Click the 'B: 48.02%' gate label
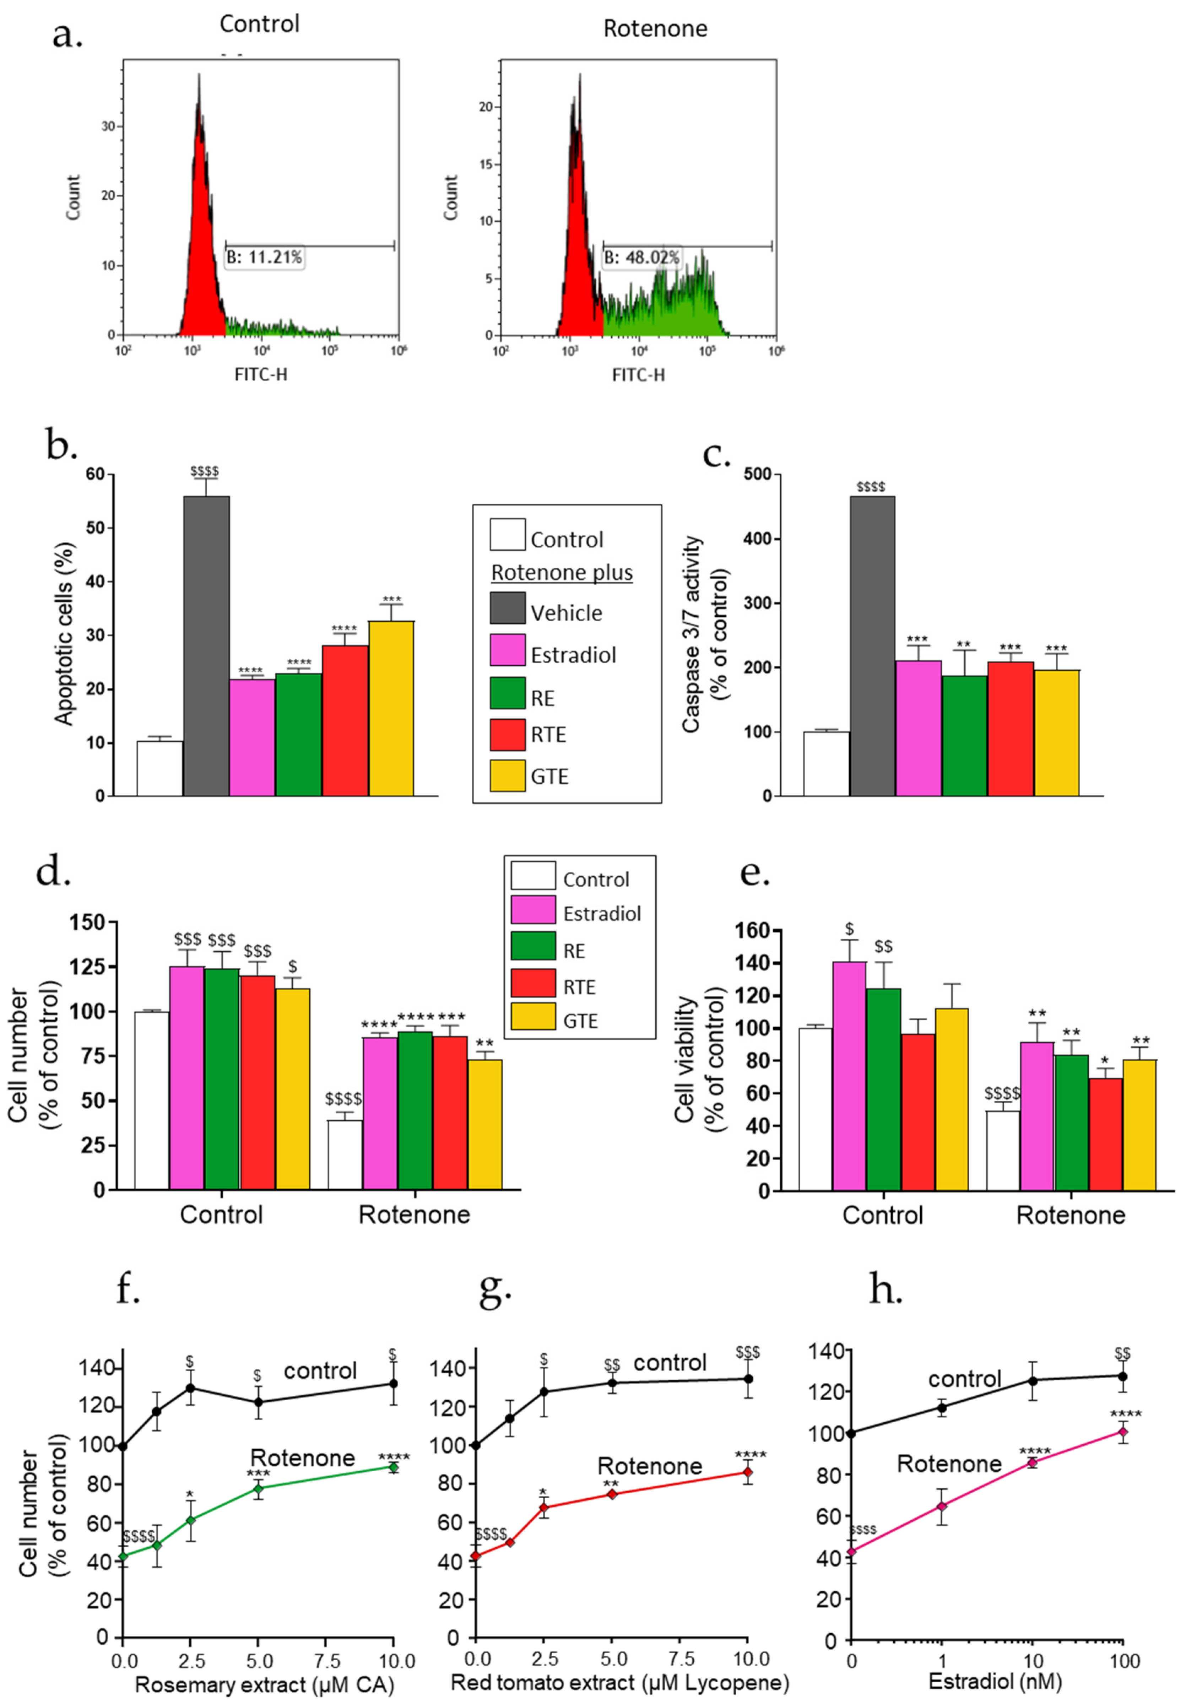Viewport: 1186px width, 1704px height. (x=641, y=258)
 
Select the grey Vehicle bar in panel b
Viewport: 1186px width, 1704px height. (x=206, y=646)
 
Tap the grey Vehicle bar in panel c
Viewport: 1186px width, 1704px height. (x=872, y=646)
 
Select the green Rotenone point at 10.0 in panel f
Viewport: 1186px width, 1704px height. (x=393, y=1467)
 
